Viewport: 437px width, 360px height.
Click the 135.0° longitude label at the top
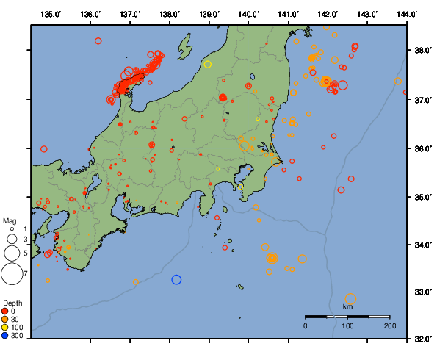point(51,14)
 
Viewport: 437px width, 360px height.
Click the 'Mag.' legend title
point(10,220)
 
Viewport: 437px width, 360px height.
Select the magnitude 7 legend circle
point(12,274)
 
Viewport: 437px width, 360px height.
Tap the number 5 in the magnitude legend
point(25,253)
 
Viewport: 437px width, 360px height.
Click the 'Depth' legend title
point(12,303)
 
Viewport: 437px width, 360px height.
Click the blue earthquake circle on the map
point(176,279)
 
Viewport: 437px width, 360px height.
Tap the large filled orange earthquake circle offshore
point(272,258)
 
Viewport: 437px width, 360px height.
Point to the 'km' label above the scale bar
point(347,306)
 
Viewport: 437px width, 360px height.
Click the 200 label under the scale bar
point(389,325)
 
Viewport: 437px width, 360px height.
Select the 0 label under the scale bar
point(306,325)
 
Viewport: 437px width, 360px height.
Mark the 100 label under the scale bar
point(347,325)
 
